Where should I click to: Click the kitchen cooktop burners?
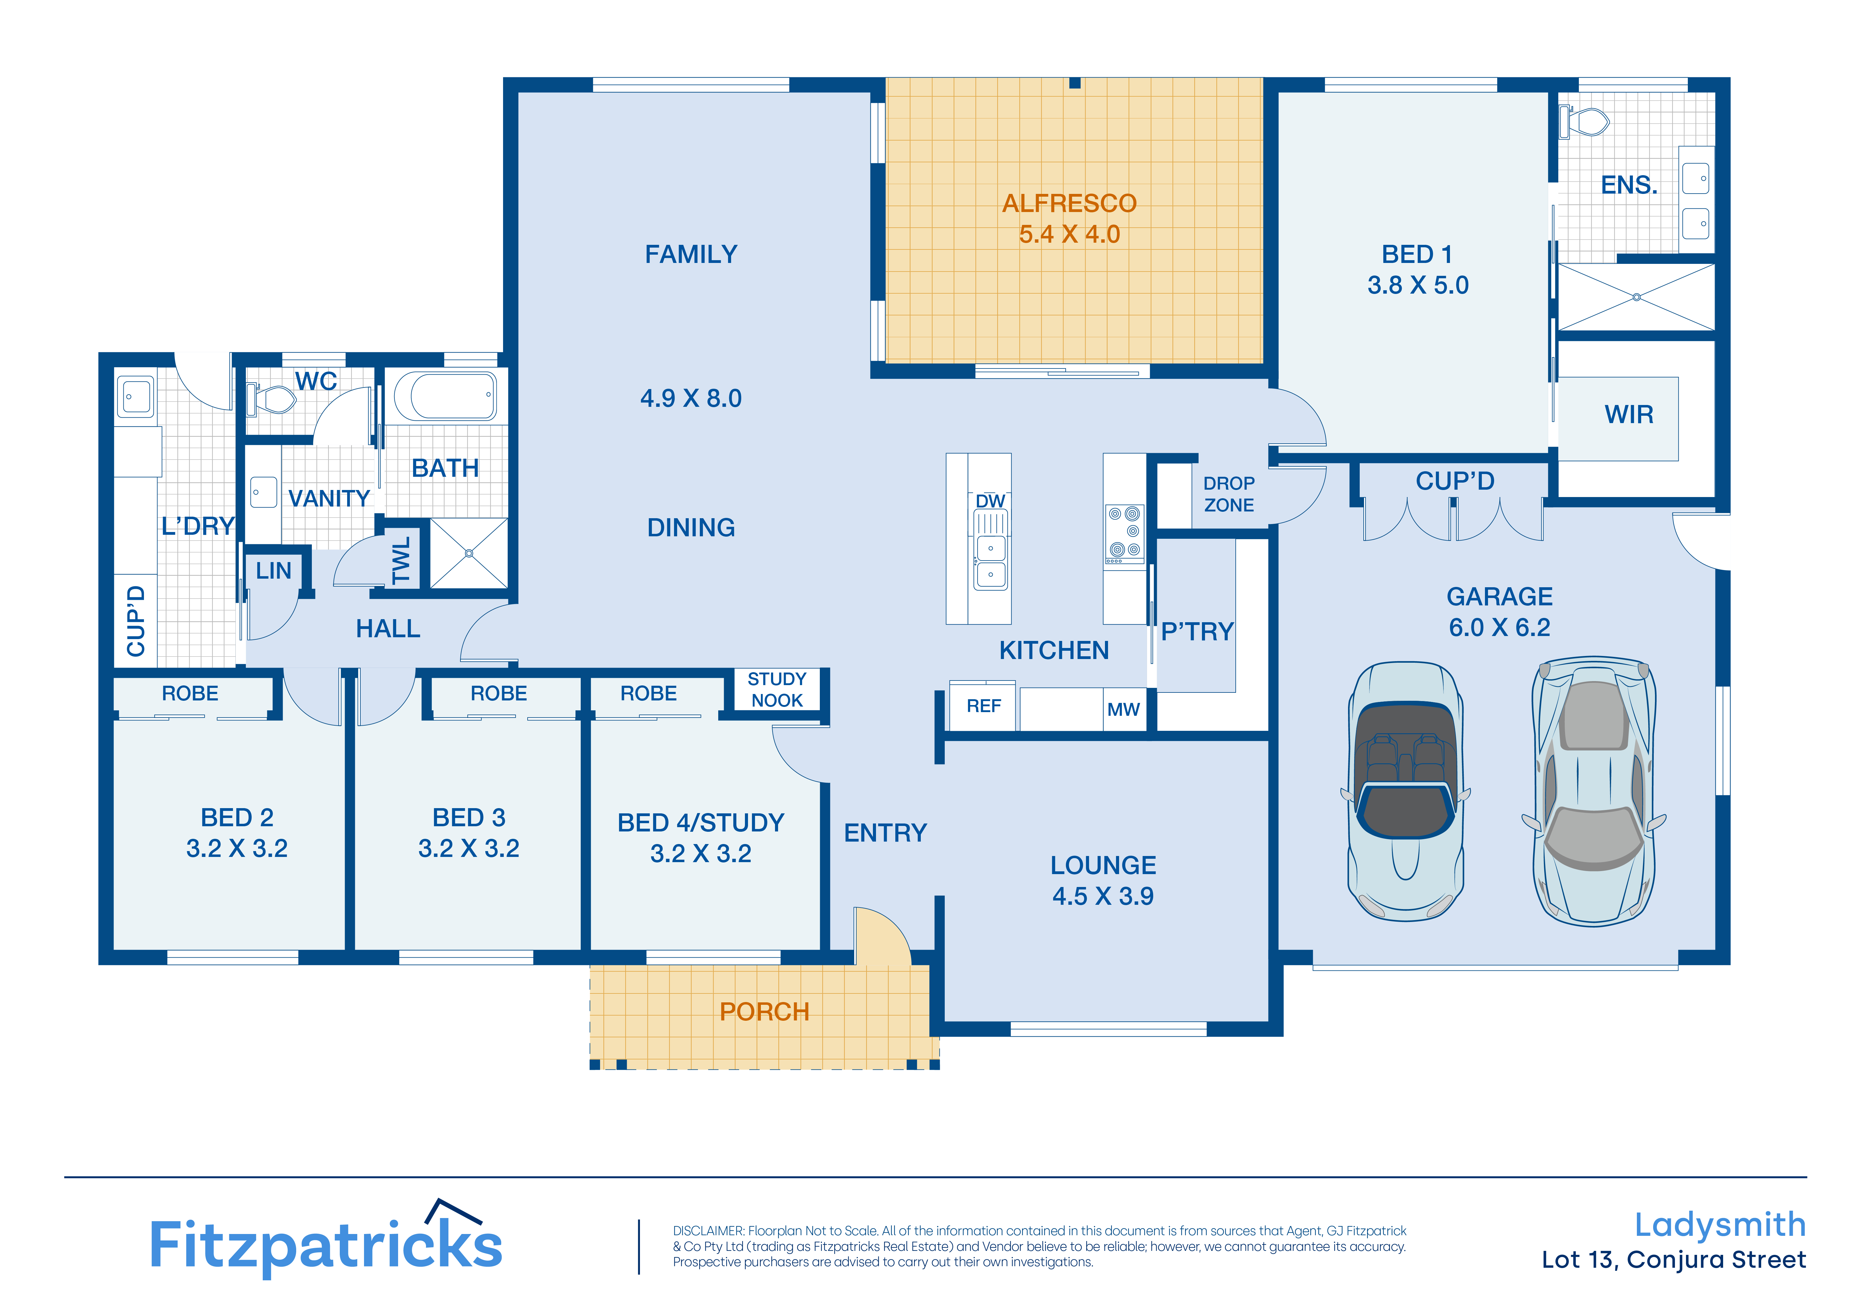click(x=1124, y=533)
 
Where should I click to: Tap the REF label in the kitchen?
click(x=983, y=706)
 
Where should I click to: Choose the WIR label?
click(x=1629, y=415)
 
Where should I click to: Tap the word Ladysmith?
click(x=1719, y=1225)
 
